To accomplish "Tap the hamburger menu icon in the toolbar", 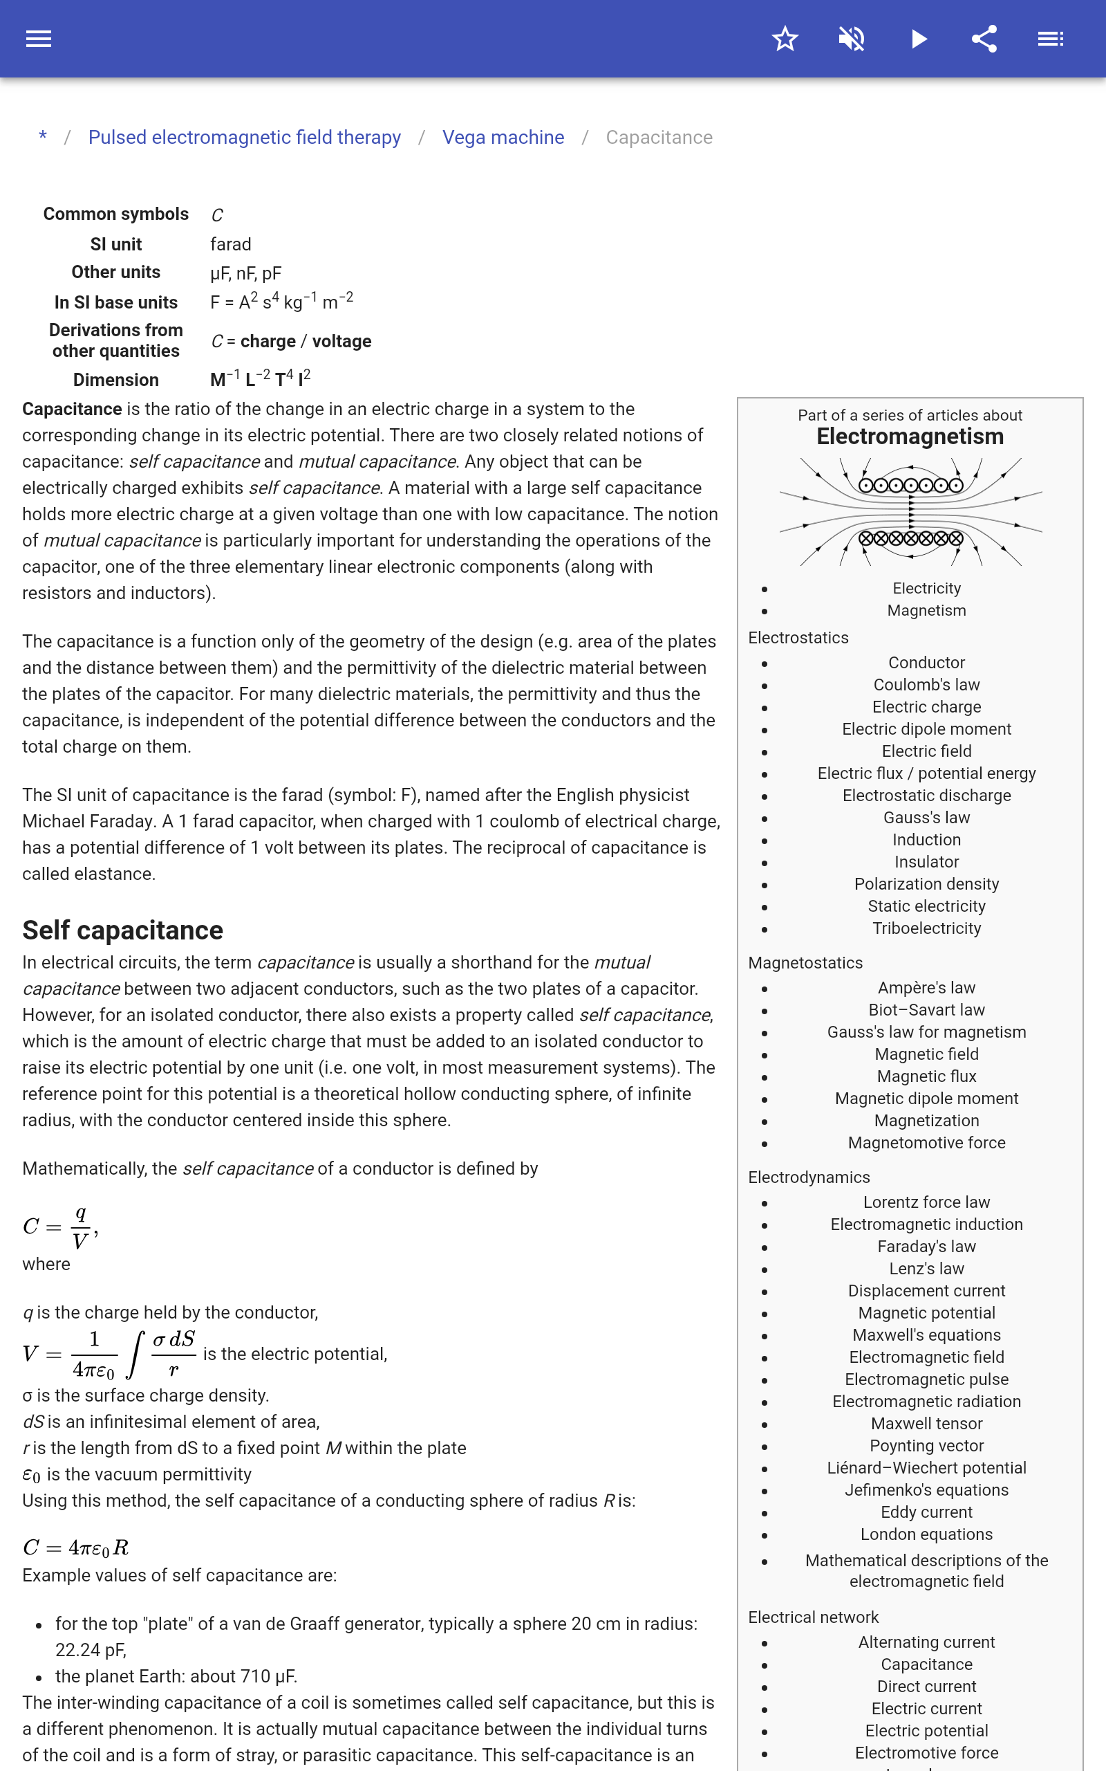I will click(x=39, y=39).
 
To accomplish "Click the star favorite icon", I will click(x=785, y=39).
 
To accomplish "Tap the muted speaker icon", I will click(x=852, y=39).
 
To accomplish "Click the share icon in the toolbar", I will click(x=984, y=39).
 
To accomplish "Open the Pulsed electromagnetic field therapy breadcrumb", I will click(x=244, y=138).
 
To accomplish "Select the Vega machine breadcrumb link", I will click(x=503, y=138).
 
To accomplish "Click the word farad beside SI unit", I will click(x=230, y=244).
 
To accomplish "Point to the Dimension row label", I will click(x=115, y=380).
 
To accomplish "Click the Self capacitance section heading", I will click(x=123, y=930).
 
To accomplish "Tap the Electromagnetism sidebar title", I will click(x=910, y=437).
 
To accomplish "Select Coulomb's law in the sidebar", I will click(x=926, y=685).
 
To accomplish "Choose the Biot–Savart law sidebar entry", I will click(x=926, y=1010).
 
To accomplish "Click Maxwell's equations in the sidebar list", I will click(x=926, y=1335).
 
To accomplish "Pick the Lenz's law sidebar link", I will click(x=926, y=1268).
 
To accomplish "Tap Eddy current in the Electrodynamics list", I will click(x=926, y=1512).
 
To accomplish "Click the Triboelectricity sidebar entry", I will click(x=926, y=928).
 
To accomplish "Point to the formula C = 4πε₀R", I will click(x=76, y=1548).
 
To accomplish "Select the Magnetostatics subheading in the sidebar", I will click(x=805, y=963).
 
